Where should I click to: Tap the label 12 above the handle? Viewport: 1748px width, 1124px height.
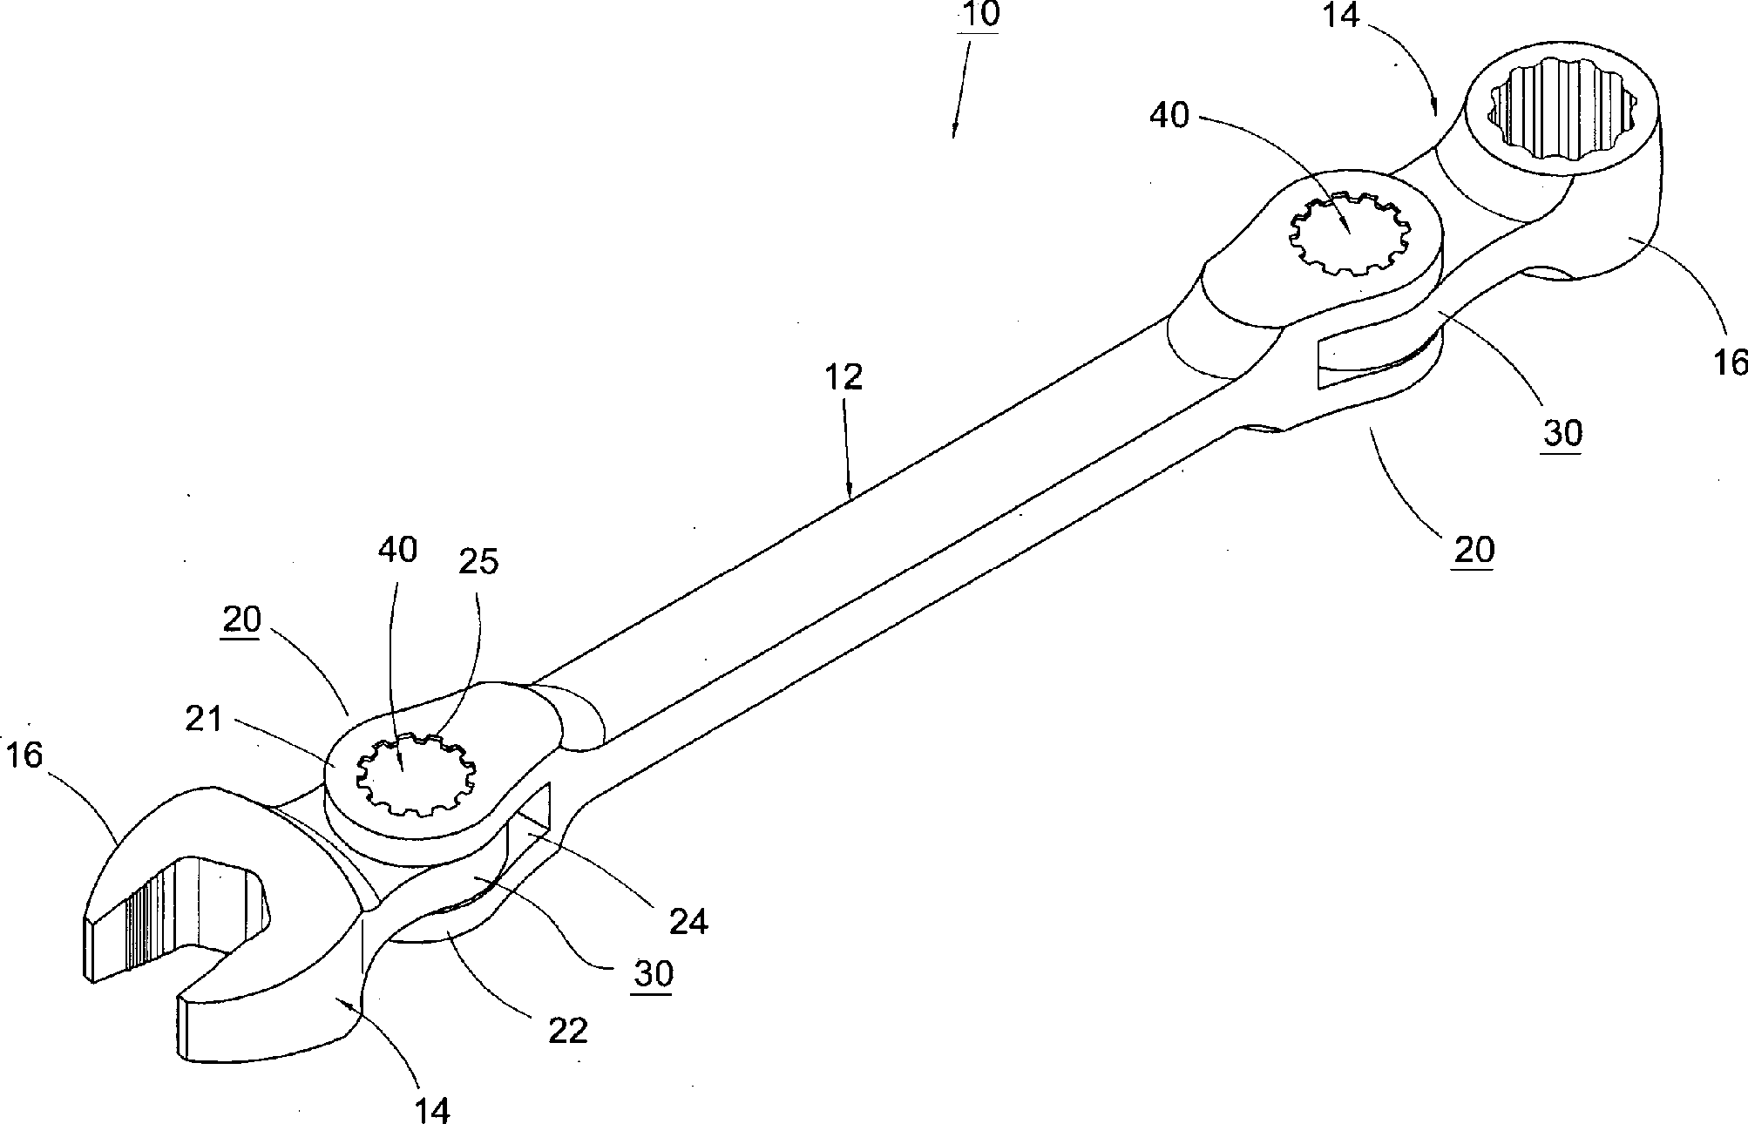(843, 376)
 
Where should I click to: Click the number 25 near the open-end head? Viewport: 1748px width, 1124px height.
(478, 562)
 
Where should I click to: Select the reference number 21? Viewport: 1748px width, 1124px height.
(205, 720)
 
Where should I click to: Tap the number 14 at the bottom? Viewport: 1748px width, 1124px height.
(432, 1109)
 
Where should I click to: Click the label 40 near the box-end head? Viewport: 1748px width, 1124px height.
(1169, 114)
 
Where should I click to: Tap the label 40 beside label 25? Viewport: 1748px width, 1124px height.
(397, 550)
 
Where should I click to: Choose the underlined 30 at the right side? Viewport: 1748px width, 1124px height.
(1562, 432)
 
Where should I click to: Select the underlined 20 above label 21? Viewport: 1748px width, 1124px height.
(241, 620)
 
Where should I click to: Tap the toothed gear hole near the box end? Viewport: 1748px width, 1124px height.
(1348, 234)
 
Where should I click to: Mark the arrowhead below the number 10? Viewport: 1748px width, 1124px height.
(954, 132)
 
